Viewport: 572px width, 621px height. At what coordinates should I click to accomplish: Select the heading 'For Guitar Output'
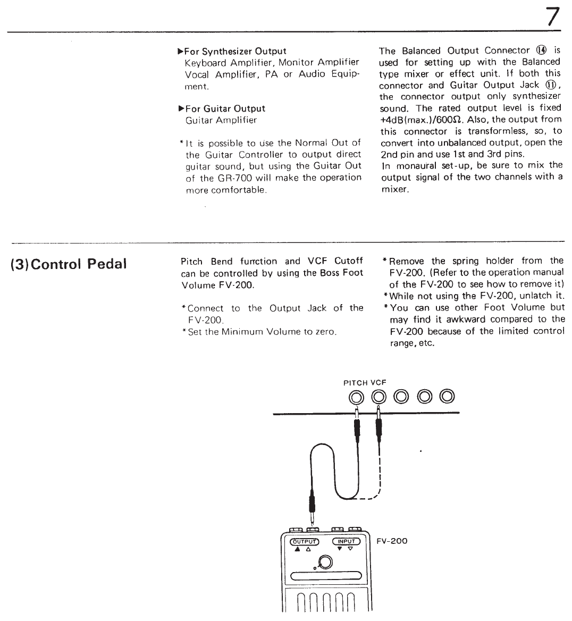225,108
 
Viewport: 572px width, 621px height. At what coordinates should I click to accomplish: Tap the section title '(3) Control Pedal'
69,264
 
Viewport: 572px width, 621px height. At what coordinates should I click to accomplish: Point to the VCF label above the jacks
378,382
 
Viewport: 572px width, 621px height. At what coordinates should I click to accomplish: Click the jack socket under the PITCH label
356,396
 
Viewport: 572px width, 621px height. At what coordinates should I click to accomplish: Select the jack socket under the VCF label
378,396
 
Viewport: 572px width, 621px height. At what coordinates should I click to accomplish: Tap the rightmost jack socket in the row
447,396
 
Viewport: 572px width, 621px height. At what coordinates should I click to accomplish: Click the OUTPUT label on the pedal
304,542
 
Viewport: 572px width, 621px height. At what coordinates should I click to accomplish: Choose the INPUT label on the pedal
346,542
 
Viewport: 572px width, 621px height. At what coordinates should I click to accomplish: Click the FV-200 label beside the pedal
392,541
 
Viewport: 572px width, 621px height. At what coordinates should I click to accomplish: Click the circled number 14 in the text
542,51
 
